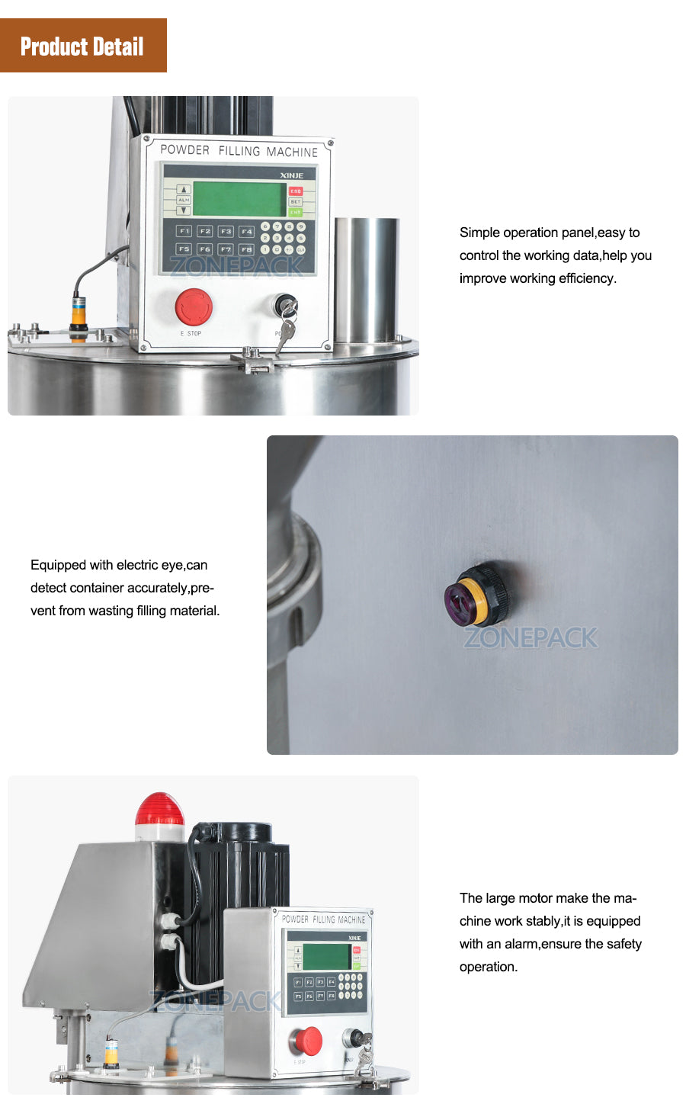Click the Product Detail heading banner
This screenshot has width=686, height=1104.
(82, 46)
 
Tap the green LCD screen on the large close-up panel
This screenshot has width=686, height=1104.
(239, 199)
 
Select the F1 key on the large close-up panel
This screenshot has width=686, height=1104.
(184, 230)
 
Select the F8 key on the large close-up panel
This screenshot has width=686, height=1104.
(246, 249)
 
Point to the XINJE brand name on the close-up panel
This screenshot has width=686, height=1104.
(291, 175)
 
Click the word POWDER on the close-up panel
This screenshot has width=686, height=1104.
(184, 150)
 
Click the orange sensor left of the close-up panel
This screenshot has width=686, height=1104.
(79, 313)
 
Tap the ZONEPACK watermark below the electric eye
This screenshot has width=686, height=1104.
(531, 637)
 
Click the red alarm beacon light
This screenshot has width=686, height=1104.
(159, 811)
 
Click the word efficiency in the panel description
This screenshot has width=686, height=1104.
(586, 278)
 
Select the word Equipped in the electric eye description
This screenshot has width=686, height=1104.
(58, 565)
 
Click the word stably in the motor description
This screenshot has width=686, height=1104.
(537, 921)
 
